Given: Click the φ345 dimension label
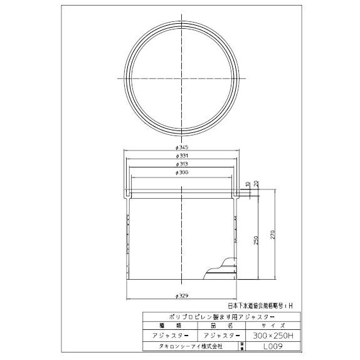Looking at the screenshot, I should click(181, 147).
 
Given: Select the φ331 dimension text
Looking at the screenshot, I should click(181, 155).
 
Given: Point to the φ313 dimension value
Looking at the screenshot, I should click(181, 163).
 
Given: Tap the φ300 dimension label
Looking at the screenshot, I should click(181, 172).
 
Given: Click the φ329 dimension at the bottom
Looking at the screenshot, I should click(181, 294).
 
